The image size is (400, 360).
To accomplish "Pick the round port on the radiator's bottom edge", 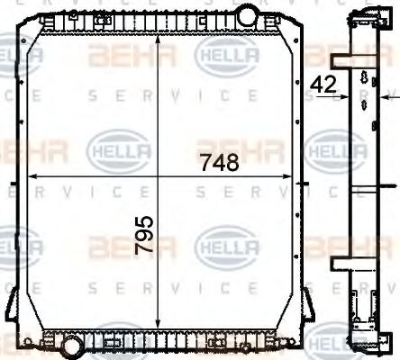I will [69, 343].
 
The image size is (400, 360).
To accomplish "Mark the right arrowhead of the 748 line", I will [294, 176].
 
